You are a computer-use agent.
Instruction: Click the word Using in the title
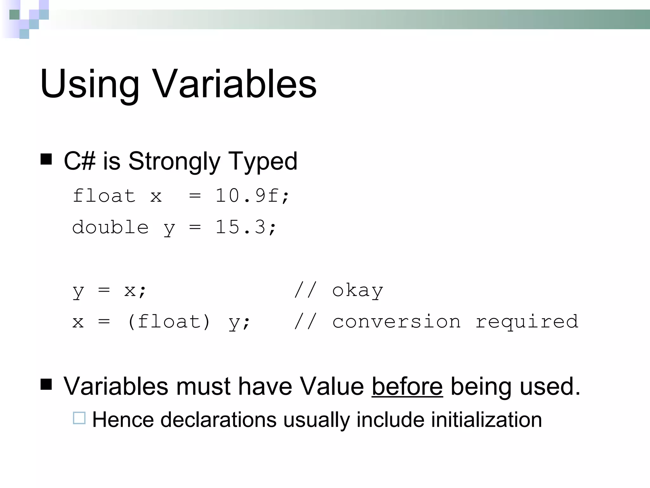(x=90, y=84)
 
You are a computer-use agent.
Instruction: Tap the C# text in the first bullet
(x=79, y=161)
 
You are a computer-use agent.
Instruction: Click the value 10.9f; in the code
(x=252, y=196)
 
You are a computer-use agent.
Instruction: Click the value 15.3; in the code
(x=246, y=227)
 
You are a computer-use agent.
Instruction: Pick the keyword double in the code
(x=110, y=227)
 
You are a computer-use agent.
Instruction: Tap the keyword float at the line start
(x=104, y=196)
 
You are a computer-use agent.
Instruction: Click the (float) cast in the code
(x=169, y=322)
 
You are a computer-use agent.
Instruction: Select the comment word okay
(x=358, y=290)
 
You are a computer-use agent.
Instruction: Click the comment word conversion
(x=396, y=322)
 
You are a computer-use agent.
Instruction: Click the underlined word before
(x=407, y=386)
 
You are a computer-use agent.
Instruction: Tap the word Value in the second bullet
(x=332, y=386)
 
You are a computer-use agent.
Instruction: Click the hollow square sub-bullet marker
(x=79, y=418)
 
